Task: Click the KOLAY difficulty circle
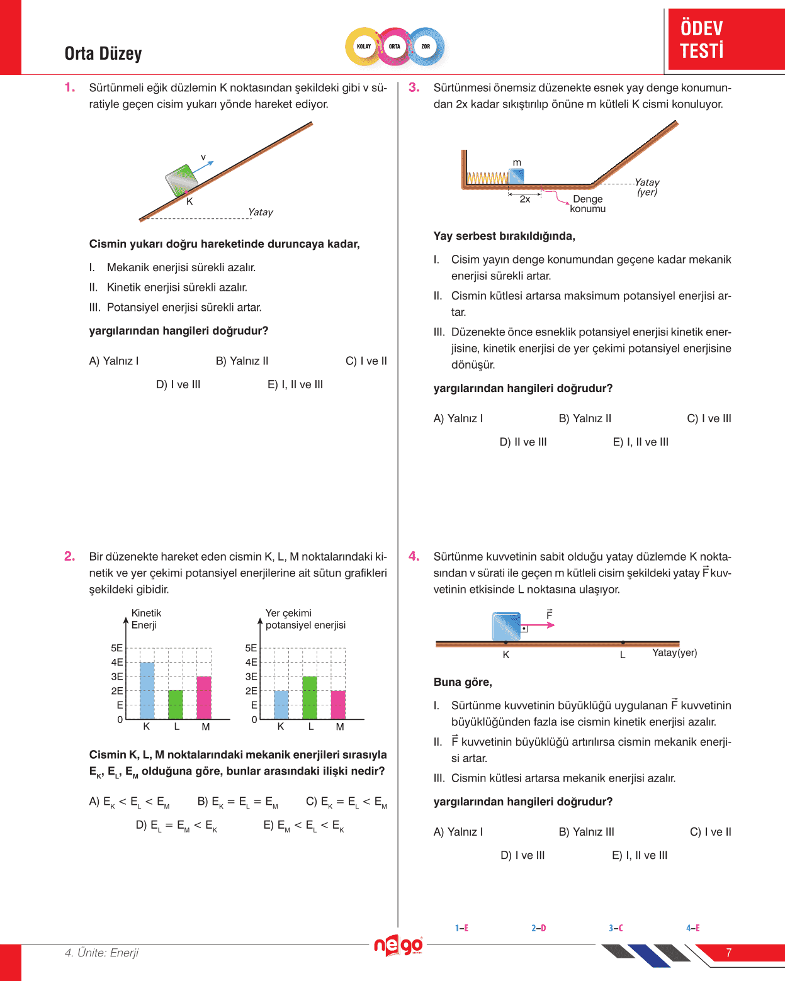[x=364, y=47]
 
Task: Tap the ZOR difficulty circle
[x=426, y=47]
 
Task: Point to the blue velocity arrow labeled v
[x=203, y=167]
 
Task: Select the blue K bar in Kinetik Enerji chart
[x=147, y=690]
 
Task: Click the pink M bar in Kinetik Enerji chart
[x=204, y=697]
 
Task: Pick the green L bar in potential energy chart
[x=310, y=697]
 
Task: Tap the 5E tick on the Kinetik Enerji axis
[x=117, y=648]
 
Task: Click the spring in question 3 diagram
[x=487, y=178]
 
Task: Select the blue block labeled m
[x=516, y=176]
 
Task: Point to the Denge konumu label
[x=588, y=204]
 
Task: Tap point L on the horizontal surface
[x=623, y=643]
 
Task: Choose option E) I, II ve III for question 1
[x=295, y=384]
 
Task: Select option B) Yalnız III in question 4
[x=586, y=832]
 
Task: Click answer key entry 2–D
[x=539, y=928]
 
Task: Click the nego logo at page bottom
[x=398, y=945]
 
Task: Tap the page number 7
[x=728, y=953]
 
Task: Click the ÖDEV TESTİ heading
[x=702, y=39]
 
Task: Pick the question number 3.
[x=414, y=87]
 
